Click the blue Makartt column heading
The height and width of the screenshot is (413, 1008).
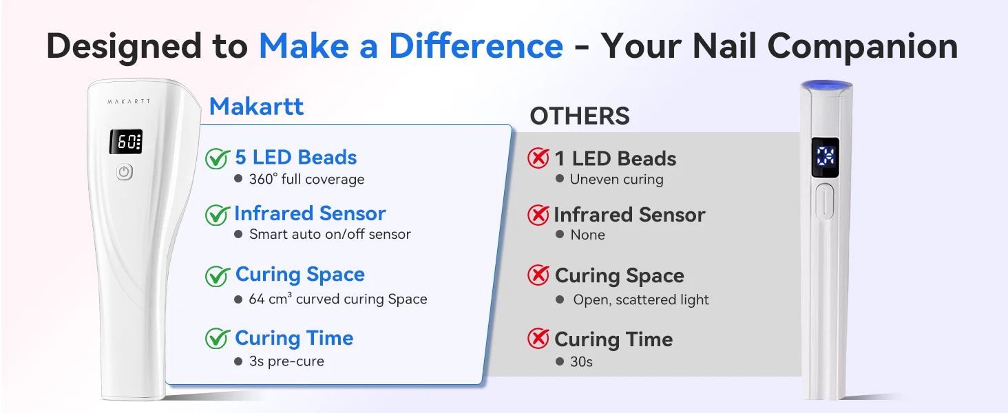tap(257, 107)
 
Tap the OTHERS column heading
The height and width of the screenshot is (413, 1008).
tap(580, 116)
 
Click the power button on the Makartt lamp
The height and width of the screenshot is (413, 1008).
tap(125, 172)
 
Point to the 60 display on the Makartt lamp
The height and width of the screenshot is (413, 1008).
tap(126, 142)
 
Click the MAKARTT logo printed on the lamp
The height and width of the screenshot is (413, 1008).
tap(129, 102)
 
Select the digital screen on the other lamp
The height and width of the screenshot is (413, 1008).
tap(826, 158)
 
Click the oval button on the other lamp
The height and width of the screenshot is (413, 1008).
tap(824, 201)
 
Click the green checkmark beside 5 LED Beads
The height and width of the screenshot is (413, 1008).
tap(218, 158)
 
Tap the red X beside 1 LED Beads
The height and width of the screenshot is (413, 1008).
tap(538, 158)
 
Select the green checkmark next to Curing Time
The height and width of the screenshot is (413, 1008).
tap(218, 339)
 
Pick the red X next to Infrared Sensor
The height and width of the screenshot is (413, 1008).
tap(538, 215)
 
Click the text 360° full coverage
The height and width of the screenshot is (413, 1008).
tap(306, 179)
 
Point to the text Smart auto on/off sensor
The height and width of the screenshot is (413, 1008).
tap(330, 234)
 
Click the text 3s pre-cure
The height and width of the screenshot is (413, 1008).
tap(286, 361)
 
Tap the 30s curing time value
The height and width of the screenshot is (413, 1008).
tap(581, 361)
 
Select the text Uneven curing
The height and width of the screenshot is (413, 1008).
tap(616, 180)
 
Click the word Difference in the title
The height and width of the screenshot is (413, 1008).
tap(476, 46)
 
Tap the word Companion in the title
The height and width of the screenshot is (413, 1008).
tap(863, 47)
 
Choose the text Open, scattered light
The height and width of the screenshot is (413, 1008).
tap(641, 300)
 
